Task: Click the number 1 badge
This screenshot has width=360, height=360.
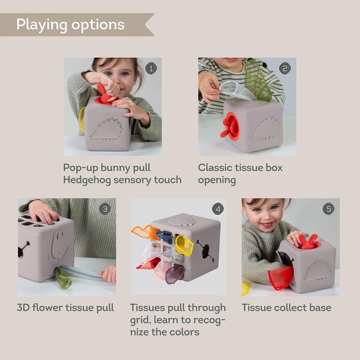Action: (x=151, y=68)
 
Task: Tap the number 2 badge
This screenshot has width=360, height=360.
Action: (x=285, y=68)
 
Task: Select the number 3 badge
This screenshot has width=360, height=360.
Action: (x=105, y=209)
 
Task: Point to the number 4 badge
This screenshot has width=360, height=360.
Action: (x=217, y=209)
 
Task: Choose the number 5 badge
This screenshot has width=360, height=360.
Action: (x=328, y=209)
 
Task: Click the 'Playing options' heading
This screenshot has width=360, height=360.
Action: (x=70, y=25)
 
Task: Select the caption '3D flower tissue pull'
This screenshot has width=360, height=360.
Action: (x=66, y=308)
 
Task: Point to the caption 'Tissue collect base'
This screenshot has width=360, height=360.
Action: (x=286, y=308)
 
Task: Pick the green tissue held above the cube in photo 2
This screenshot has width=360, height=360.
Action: (x=258, y=82)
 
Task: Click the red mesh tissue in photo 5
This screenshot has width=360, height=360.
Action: (x=282, y=277)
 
